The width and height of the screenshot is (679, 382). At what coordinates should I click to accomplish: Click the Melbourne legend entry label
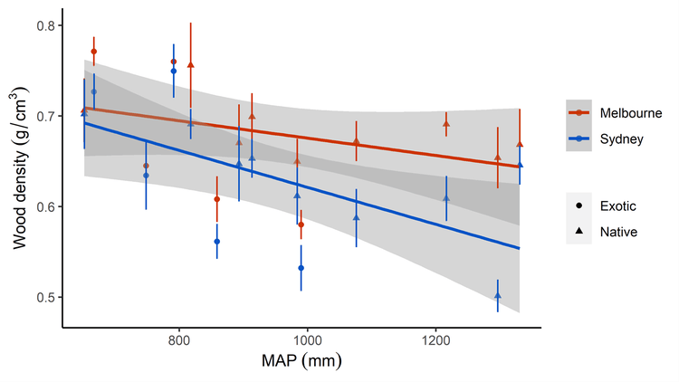point(629,111)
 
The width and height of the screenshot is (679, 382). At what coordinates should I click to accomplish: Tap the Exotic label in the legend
point(618,206)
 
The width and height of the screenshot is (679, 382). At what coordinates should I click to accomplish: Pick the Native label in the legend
point(619,232)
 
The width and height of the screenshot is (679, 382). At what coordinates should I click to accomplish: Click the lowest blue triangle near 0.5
point(498,295)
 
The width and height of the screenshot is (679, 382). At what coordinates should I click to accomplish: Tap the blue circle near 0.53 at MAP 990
point(301,268)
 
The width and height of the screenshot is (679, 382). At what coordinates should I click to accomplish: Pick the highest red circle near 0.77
point(94,52)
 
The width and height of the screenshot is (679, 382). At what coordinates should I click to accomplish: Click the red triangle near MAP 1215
point(446,124)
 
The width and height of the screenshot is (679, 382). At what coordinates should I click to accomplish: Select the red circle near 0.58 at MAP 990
point(301,224)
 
